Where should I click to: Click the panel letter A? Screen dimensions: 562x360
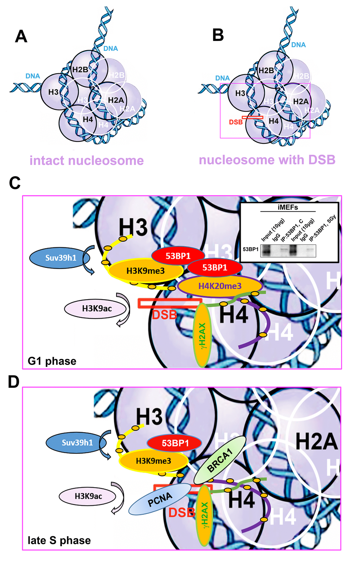click(21, 36)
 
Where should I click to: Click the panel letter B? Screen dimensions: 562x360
click(218, 35)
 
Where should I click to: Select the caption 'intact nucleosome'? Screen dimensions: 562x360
click(86, 161)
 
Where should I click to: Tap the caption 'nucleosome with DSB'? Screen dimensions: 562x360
click(267, 160)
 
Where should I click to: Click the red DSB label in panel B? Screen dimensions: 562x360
click(236, 122)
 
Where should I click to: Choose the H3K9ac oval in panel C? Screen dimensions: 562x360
click(96, 309)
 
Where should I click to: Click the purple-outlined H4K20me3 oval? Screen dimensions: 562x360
click(220, 286)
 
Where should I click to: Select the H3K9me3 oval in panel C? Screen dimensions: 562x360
click(145, 271)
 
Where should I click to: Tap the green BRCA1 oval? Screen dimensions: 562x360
click(220, 460)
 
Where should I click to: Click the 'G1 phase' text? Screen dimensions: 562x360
click(52, 361)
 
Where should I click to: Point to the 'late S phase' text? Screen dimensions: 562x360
click(59, 540)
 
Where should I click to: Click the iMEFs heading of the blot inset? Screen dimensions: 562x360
click(288, 207)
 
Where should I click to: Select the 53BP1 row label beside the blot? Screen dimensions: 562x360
click(251, 249)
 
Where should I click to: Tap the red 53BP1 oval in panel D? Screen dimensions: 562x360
click(175, 443)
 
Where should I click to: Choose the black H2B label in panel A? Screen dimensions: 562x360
click(80, 70)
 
